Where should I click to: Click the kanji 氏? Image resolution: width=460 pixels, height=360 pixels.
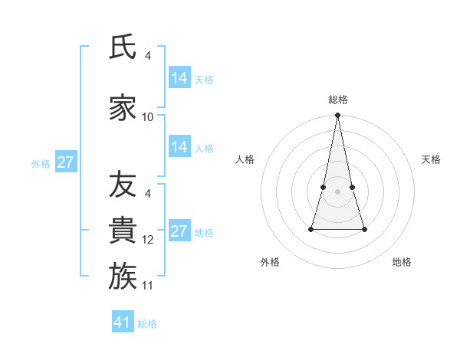(123, 47)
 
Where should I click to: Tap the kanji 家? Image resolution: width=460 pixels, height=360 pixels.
(123, 108)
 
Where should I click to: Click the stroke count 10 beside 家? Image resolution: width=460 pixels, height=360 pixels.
(148, 117)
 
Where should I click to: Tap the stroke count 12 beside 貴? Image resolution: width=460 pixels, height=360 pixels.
(148, 240)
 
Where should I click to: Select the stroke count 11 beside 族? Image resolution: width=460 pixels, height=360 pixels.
(148, 286)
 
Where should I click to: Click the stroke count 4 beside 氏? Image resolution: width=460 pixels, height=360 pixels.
(148, 56)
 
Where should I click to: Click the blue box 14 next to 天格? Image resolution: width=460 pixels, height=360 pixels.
(179, 78)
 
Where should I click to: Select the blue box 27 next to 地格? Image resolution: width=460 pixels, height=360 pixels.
(179, 231)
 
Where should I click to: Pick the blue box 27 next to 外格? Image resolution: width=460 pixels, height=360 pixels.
(66, 162)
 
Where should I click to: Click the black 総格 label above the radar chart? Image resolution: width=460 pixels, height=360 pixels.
(338, 100)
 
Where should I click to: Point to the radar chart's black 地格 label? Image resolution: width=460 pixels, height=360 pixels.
(402, 262)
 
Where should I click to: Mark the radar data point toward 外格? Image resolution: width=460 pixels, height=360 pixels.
(312, 229)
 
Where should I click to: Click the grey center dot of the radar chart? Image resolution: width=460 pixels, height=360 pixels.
(338, 191)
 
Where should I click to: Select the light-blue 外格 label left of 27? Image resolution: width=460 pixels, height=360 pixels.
(41, 163)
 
